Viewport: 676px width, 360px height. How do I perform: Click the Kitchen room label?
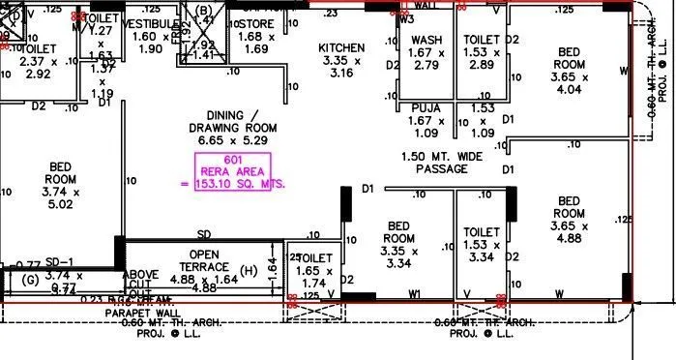[x=341, y=47]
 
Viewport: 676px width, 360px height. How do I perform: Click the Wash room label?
[x=426, y=40]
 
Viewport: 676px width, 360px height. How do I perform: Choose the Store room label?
[x=256, y=22]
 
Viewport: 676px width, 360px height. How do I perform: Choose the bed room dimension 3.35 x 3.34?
[x=398, y=257]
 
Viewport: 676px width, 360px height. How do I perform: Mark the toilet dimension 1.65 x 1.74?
[x=314, y=279]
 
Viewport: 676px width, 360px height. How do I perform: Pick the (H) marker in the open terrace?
[x=248, y=270]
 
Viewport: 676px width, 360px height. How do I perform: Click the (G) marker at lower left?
[x=30, y=281]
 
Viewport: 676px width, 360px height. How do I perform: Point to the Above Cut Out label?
[x=140, y=284]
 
